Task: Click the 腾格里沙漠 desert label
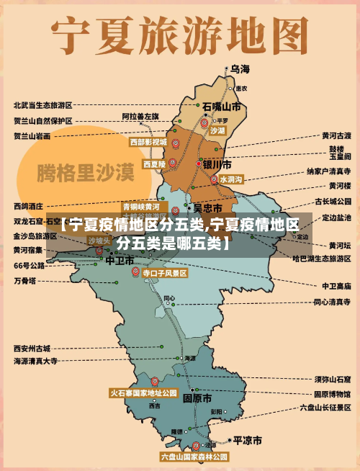pyautogui.click(x=86, y=173)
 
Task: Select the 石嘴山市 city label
pyautogui.click(x=221, y=107)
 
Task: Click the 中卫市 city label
pyautogui.click(x=120, y=259)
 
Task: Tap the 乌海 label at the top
pyautogui.click(x=240, y=69)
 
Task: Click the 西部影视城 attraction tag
pyautogui.click(x=148, y=143)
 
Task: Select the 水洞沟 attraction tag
pyautogui.click(x=232, y=179)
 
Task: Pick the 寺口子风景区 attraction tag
pyautogui.click(x=164, y=274)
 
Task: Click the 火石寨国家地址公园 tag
pyautogui.click(x=143, y=393)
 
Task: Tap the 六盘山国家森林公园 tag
pyautogui.click(x=194, y=457)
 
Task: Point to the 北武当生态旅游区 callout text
pyautogui.click(x=42, y=105)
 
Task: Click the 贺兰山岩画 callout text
pyautogui.click(x=32, y=135)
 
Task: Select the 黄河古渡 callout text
pyautogui.click(x=336, y=135)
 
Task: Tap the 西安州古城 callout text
pyautogui.click(x=32, y=348)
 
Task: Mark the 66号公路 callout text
pyautogui.click(x=29, y=265)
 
